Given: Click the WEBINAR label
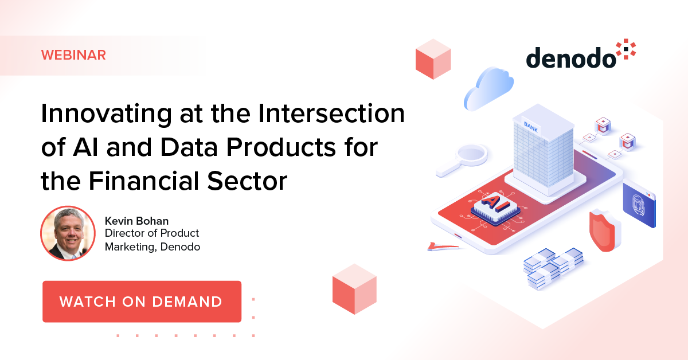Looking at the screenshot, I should (x=73, y=56).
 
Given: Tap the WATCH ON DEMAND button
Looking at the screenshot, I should (x=141, y=302).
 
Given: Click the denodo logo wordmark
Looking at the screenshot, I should (x=570, y=57).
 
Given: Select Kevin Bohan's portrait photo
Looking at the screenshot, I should (x=68, y=234).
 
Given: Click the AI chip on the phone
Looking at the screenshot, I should (x=491, y=205).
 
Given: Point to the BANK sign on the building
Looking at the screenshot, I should (x=531, y=124).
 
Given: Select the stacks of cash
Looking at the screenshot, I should (x=553, y=267).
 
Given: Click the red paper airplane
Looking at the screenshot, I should (x=441, y=246).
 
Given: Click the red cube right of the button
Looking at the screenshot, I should (x=354, y=289).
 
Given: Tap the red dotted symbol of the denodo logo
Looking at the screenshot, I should (x=625, y=50).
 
